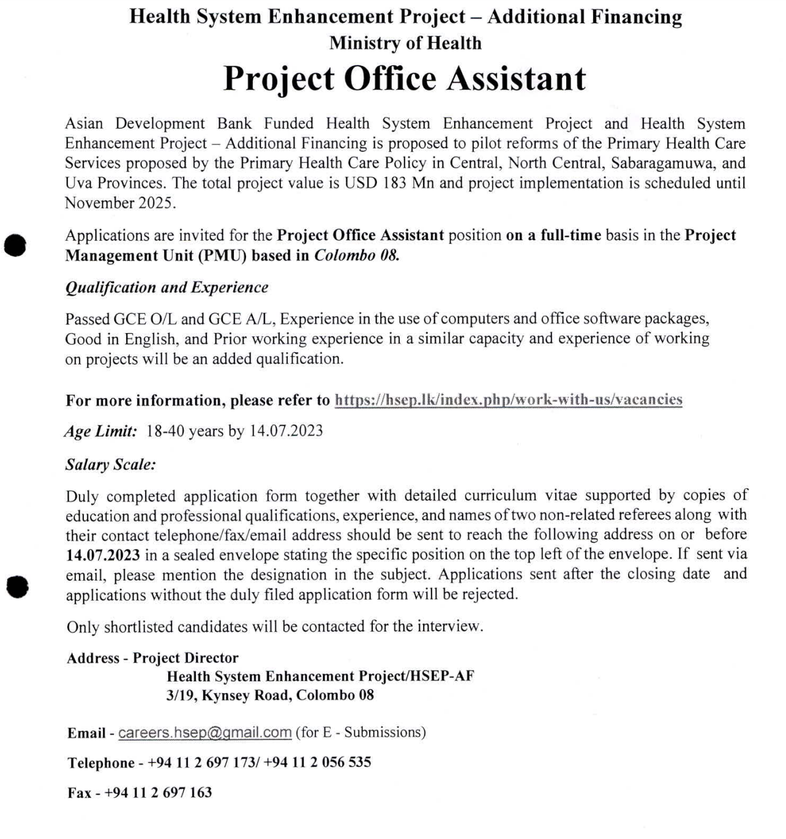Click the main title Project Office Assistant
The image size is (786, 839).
[x=405, y=79]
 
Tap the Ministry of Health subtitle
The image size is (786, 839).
[x=405, y=43]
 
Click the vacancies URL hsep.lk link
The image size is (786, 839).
[x=508, y=400]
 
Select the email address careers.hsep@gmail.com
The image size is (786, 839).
[x=204, y=732]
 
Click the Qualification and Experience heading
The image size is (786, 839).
[x=167, y=288]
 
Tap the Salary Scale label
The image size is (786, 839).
[x=110, y=465]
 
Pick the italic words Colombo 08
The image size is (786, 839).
[x=356, y=255]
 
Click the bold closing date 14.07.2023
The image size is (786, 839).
[x=103, y=555]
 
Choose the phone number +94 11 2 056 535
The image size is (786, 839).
[x=317, y=762]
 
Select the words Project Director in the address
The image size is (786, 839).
[x=185, y=658]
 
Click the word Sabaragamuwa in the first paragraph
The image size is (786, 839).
[x=659, y=164]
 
